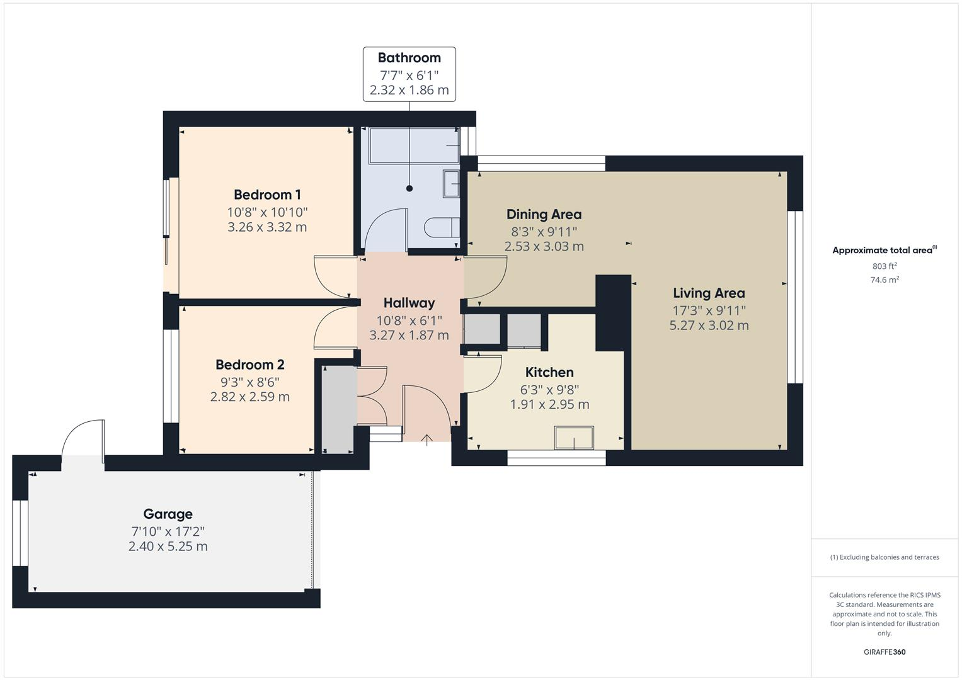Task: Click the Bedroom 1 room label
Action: pyautogui.click(x=267, y=195)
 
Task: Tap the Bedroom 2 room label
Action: pyautogui.click(x=249, y=365)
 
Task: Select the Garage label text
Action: pyautogui.click(x=168, y=514)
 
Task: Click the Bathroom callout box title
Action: pyautogui.click(x=409, y=58)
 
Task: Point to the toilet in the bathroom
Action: pyautogui.click(x=442, y=227)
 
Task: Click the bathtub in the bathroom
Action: pyautogui.click(x=413, y=146)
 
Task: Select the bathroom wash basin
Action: pyautogui.click(x=452, y=183)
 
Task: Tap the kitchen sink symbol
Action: pyautogui.click(x=573, y=438)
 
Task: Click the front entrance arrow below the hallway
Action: pyautogui.click(x=427, y=439)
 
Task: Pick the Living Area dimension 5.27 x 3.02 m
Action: pyautogui.click(x=709, y=326)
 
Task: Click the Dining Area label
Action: pyautogui.click(x=544, y=214)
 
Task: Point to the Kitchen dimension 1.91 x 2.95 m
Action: pyautogui.click(x=549, y=404)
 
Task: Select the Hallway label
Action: pyautogui.click(x=409, y=303)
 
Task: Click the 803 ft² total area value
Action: pyautogui.click(x=885, y=266)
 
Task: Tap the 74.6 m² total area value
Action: pyautogui.click(x=885, y=280)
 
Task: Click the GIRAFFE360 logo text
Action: pyautogui.click(x=885, y=652)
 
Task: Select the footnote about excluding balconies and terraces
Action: pyautogui.click(x=885, y=557)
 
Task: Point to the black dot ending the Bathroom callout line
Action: pyautogui.click(x=409, y=188)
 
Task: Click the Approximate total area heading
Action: pyautogui.click(x=882, y=251)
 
